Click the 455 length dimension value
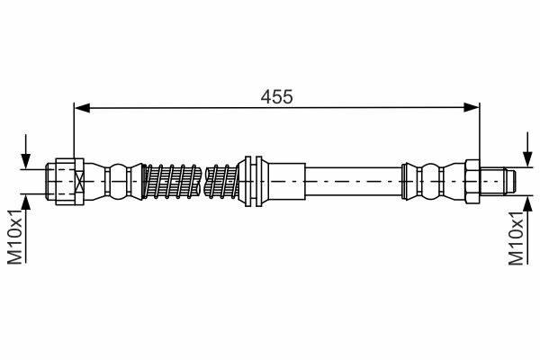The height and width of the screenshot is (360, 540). (x=276, y=97)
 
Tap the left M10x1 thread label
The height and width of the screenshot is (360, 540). (x=15, y=237)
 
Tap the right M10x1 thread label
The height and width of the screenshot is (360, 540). (x=517, y=238)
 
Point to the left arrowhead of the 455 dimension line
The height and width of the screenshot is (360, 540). (x=82, y=108)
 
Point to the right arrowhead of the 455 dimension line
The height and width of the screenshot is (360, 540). (x=471, y=107)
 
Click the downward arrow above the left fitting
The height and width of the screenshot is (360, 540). (x=26, y=151)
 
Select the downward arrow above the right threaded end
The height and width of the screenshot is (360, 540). (x=526, y=149)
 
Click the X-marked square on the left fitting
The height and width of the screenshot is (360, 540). (x=79, y=182)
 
